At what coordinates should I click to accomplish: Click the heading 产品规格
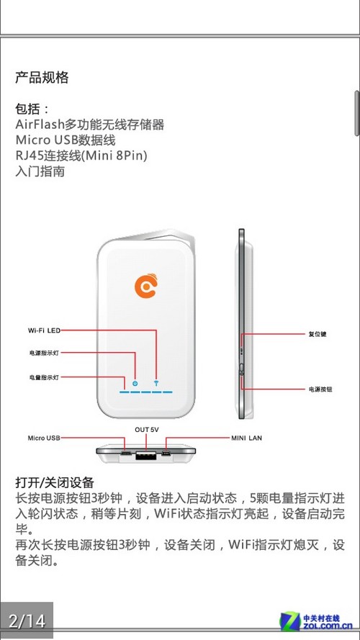[x=42, y=77]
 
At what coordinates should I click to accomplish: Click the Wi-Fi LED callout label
[x=44, y=330]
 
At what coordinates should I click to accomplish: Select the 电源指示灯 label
[x=44, y=353]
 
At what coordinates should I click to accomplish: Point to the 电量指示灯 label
[x=44, y=377]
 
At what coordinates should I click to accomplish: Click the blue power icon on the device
[x=135, y=383]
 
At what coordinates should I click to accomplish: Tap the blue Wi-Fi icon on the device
[x=156, y=383]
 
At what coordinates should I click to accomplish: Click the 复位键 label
[x=317, y=334]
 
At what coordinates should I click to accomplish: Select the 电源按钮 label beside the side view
[x=320, y=389]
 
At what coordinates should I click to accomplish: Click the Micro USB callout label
[x=44, y=438]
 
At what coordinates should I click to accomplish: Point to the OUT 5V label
[x=147, y=430]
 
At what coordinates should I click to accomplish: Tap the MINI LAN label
[x=246, y=438]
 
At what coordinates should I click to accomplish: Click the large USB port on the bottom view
[x=146, y=455]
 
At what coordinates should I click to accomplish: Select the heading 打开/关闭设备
[x=55, y=482]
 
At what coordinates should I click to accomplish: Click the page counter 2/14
[x=27, y=621]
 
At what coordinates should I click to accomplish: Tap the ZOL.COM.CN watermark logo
[x=316, y=622]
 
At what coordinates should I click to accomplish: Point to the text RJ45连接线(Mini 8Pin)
[x=81, y=156]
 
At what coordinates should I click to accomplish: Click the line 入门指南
[x=40, y=171]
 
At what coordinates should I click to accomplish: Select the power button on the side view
[x=242, y=370]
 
